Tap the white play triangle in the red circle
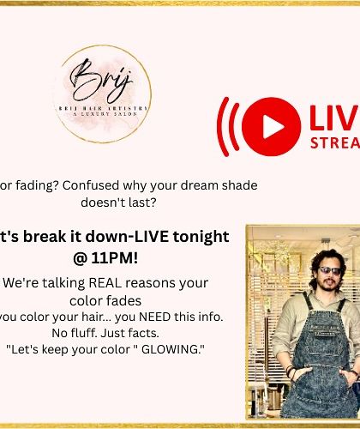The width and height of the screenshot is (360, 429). coord(272,126)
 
